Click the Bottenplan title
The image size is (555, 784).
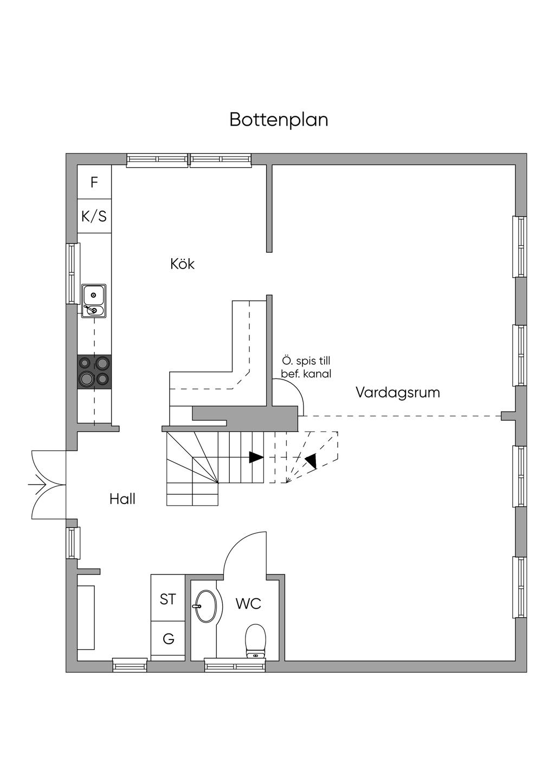click(279, 120)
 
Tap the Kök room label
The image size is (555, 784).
click(182, 264)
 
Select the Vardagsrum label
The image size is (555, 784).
click(397, 393)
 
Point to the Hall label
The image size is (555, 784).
click(122, 499)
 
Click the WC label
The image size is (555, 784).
click(248, 604)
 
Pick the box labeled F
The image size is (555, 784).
click(94, 182)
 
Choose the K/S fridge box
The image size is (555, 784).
click(94, 217)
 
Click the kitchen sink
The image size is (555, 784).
click(94, 301)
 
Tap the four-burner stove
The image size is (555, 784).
click(94, 371)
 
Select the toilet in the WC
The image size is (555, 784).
click(255, 641)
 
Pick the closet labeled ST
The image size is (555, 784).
click(168, 599)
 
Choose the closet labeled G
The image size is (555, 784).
click(168, 639)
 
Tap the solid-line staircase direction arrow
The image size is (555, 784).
click(256, 458)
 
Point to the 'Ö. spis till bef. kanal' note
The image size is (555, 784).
click(306, 367)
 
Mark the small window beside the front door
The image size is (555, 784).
click(73, 543)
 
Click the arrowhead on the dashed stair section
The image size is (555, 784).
click(311, 461)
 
